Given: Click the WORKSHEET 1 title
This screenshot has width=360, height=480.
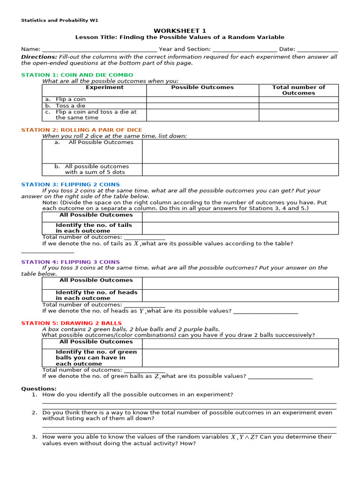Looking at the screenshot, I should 180,30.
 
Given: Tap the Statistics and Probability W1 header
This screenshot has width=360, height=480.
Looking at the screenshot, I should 60,20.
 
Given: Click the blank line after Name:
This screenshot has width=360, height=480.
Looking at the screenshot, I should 99,49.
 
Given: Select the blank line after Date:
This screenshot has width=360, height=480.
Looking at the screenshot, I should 317,49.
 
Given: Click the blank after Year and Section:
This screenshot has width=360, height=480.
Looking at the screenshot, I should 244,49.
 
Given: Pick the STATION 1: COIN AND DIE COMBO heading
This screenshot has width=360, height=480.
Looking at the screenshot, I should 77,75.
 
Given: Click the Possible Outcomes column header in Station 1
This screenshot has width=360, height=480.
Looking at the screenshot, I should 202,88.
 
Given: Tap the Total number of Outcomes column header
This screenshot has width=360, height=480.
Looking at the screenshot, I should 299,90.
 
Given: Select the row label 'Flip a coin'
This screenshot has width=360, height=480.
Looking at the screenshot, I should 70,99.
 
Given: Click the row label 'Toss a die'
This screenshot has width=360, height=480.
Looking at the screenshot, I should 70,106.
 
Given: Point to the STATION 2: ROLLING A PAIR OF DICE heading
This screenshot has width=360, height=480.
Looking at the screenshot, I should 82,130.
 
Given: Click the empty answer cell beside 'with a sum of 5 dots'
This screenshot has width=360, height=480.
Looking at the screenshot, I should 240,169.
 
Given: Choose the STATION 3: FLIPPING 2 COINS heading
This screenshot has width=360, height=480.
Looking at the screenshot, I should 70,185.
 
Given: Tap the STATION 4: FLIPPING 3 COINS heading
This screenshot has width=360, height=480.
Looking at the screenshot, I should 70,262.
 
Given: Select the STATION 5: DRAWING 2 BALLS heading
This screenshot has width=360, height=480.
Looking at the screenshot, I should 71,323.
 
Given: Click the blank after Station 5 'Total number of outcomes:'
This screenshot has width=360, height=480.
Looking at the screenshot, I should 144,370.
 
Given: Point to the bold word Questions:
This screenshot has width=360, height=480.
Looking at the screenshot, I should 38,389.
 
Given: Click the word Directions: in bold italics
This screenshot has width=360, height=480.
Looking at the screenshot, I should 39,57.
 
